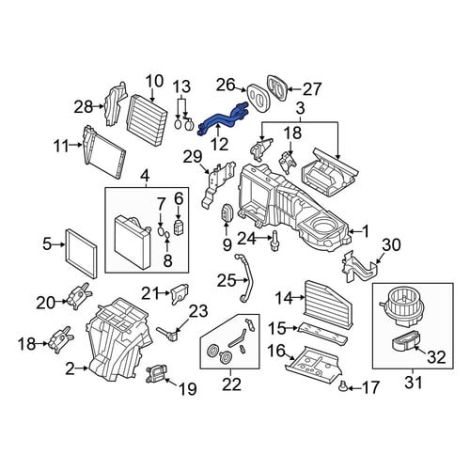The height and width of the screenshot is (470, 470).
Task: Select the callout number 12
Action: click(219, 145)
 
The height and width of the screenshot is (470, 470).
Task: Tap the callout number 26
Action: click(227, 85)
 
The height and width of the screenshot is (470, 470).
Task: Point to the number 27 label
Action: click(311, 89)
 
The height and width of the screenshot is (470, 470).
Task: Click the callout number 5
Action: click(47, 244)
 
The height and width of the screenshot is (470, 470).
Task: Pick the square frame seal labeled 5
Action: click(81, 255)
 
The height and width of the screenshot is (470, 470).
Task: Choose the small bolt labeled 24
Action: click(274, 241)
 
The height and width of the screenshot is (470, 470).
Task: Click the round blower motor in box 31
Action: click(402, 305)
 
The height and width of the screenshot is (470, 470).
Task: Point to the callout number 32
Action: click(436, 357)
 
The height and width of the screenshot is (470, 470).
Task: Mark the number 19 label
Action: click(187, 389)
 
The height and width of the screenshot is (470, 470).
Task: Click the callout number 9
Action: click(227, 244)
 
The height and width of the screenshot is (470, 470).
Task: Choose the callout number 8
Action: click(168, 260)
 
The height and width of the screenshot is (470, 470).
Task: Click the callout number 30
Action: click(391, 244)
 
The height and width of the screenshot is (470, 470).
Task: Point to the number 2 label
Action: click(70, 369)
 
